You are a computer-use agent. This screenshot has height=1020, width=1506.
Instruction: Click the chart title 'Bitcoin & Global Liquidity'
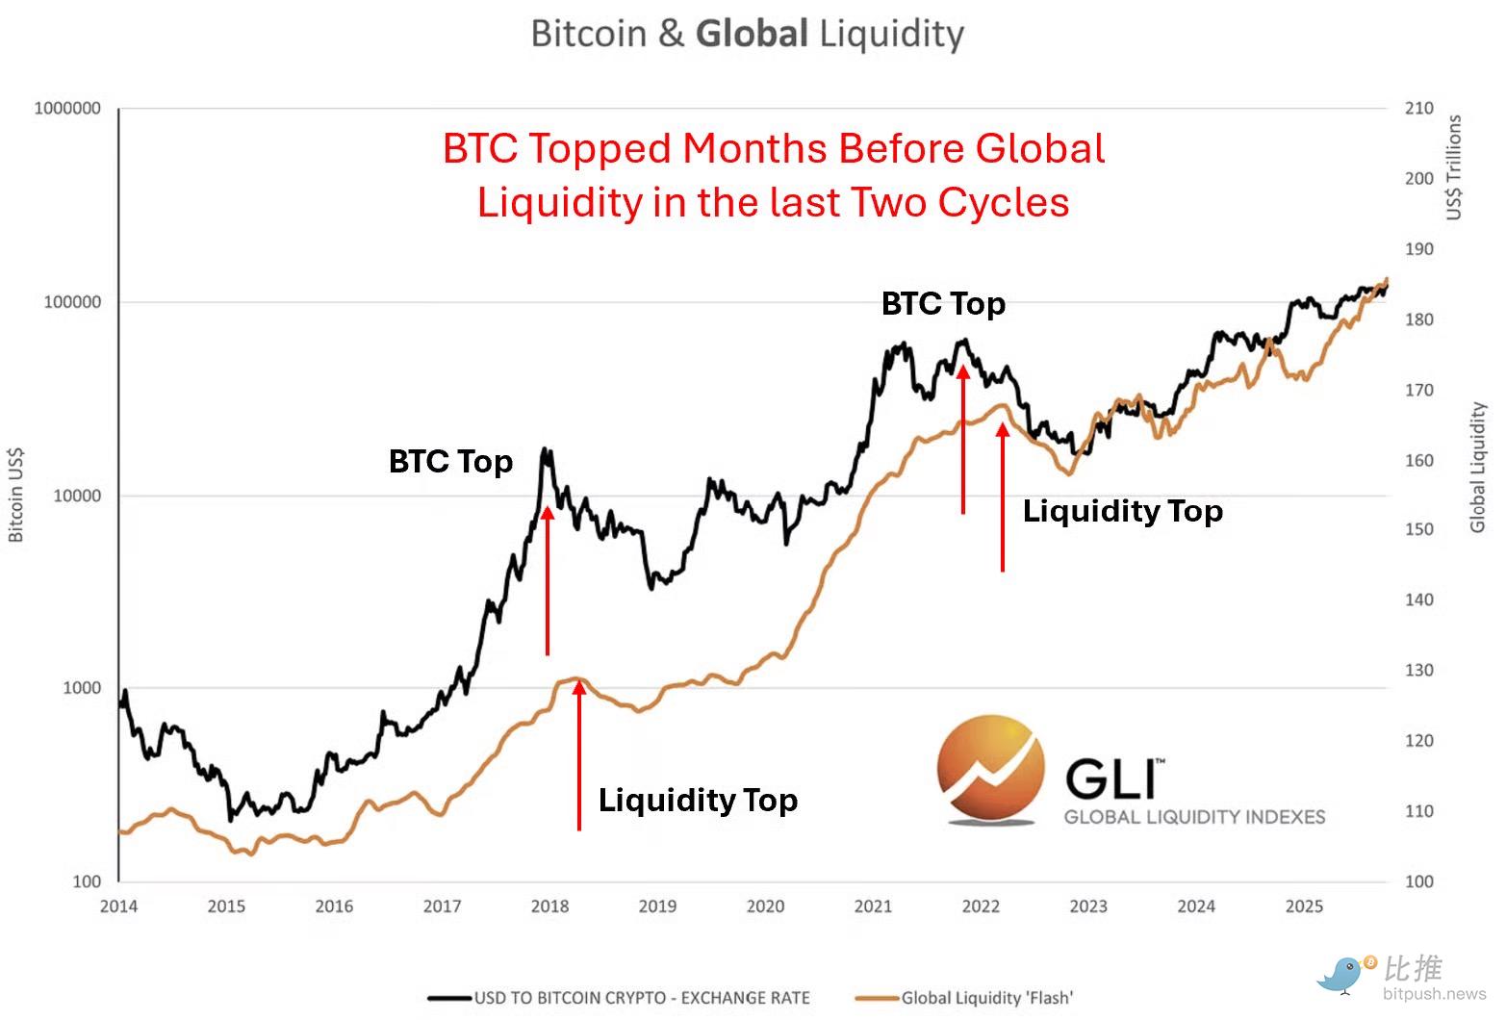click(x=747, y=35)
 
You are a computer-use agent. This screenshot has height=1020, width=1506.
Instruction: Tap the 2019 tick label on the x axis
click(x=657, y=905)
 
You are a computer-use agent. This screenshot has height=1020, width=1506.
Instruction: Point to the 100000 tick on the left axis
click(x=72, y=302)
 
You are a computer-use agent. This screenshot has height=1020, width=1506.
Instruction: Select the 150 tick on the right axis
click(x=1417, y=529)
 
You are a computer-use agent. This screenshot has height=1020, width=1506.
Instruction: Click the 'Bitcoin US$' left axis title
click(x=16, y=495)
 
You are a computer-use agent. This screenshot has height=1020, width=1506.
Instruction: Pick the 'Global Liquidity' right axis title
click(x=1478, y=468)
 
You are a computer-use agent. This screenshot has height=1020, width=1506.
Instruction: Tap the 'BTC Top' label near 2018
click(x=450, y=462)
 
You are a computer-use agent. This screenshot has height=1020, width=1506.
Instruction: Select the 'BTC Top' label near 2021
click(x=943, y=304)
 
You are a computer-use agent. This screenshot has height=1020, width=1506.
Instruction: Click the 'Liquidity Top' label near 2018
click(x=698, y=801)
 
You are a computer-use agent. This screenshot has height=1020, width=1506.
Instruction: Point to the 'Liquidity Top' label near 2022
click(x=1122, y=511)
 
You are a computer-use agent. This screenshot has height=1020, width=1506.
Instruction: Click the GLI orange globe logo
click(x=990, y=770)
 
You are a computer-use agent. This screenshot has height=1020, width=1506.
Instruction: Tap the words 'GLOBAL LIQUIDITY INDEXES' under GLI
click(x=1194, y=817)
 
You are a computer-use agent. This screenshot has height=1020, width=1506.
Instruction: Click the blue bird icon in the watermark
click(x=1342, y=974)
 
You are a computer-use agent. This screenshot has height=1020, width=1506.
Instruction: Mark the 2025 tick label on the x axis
click(x=1304, y=905)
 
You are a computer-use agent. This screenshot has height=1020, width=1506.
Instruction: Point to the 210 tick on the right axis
click(x=1417, y=109)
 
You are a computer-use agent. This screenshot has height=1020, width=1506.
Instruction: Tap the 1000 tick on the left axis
click(x=82, y=688)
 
